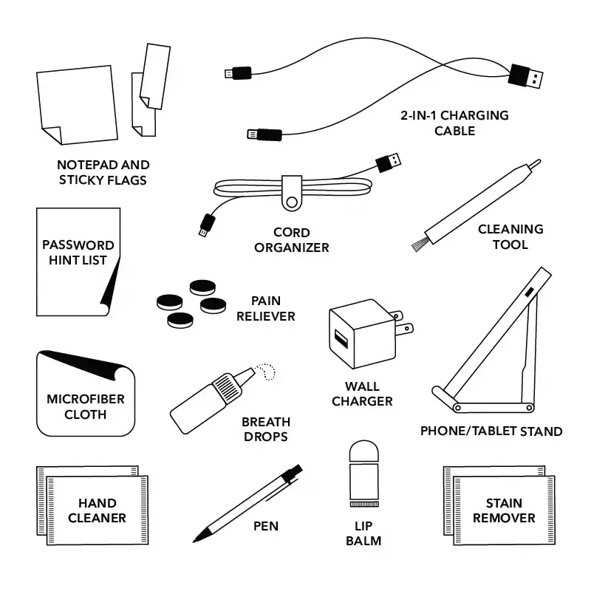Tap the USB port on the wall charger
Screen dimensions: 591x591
342,339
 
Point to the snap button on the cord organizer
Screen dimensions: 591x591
293,200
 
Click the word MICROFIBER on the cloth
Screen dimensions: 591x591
86,399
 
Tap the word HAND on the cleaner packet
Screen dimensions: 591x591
97,502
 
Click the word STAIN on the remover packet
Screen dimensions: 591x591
504,503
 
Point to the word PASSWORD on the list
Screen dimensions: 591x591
78,245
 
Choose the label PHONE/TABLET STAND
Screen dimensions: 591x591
491,431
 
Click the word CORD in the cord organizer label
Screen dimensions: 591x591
292,233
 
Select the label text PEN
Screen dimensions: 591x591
265,527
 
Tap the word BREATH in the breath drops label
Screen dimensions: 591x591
266,422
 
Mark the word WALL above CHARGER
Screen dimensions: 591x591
362,386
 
